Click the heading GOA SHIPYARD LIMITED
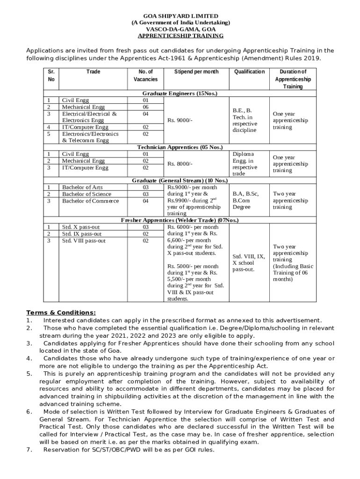point(180,16)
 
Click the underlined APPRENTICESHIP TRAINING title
point(180,36)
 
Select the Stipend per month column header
point(196,72)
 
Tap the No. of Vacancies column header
point(145,75)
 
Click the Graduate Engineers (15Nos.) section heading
point(180,94)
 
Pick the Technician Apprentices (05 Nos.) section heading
point(180,147)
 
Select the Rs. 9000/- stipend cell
point(180,120)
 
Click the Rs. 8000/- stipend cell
point(180,164)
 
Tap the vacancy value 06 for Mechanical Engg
point(145,107)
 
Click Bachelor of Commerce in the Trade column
point(90,201)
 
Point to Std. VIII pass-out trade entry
point(84,240)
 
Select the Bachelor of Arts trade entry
point(83,188)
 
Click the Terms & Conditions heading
point(61,312)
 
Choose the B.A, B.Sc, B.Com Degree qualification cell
point(245,200)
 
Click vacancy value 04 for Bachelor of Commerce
point(145,201)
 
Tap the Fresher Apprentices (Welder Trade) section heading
point(180,220)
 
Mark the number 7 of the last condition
point(29,450)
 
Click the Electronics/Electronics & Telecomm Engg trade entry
point(90,137)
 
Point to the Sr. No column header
point(51,75)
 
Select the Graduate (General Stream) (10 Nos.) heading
point(180,181)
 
